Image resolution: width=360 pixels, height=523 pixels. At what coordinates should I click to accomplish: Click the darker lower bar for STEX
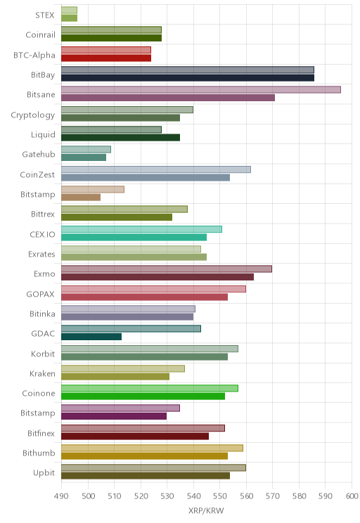coord(69,18)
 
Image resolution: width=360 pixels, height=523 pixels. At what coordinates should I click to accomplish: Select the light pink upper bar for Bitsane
coord(201,90)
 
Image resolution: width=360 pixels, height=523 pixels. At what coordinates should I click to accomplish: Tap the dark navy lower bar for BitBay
coord(188,78)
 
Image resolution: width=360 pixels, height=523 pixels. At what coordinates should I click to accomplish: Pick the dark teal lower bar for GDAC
coord(91,337)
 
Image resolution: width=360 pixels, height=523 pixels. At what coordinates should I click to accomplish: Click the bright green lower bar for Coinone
coord(143,396)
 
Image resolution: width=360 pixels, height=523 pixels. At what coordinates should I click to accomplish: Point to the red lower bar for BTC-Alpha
coord(106,58)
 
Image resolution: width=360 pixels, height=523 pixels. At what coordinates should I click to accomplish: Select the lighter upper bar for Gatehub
coord(86,150)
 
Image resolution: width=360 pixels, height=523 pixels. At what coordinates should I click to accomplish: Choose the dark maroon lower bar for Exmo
coord(157,277)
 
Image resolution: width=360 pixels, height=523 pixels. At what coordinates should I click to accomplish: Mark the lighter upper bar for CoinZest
coord(156,169)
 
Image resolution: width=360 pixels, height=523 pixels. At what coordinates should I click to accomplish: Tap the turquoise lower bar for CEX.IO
coord(134,237)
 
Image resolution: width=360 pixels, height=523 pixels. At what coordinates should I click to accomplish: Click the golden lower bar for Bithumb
coord(144,456)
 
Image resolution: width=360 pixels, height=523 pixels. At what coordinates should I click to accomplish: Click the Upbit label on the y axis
coord(44,472)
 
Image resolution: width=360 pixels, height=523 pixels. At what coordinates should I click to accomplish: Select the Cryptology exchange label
coord(33,115)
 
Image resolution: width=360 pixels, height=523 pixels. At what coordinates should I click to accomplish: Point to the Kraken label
coord(42,373)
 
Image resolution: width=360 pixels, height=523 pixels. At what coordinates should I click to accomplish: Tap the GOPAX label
coord(40,294)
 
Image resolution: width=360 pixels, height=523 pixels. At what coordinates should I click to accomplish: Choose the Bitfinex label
coord(41,433)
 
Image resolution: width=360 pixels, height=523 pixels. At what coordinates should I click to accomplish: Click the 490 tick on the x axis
coord(61,496)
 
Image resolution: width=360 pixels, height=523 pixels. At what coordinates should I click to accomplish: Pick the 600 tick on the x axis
coord(352,496)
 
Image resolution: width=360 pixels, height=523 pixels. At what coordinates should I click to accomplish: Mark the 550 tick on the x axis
coord(219,496)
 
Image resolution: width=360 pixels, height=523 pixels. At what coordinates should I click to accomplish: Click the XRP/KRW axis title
coord(206,510)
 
